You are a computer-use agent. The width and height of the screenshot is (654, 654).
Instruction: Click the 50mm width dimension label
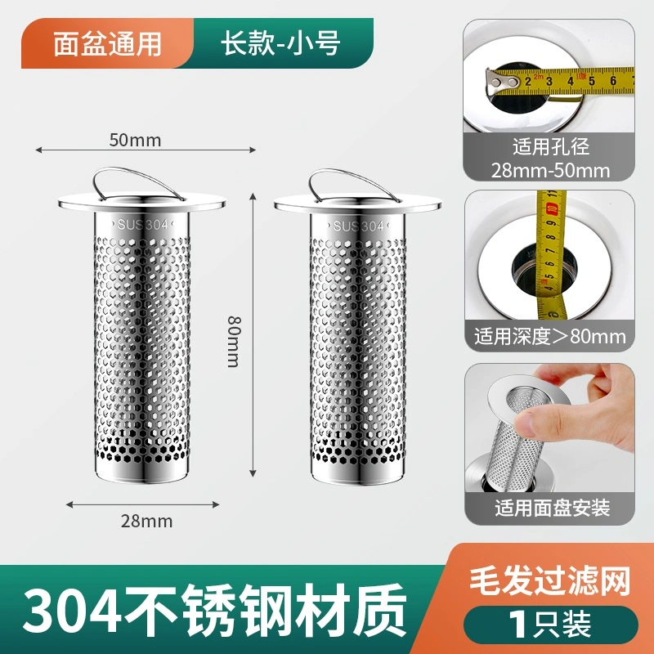135,140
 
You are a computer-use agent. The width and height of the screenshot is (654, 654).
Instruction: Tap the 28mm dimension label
146,521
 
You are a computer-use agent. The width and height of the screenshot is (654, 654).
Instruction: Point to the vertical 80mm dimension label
234,342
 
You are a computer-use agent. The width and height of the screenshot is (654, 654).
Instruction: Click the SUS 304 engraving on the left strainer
142,225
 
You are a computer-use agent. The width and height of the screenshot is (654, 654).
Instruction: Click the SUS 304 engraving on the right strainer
358,226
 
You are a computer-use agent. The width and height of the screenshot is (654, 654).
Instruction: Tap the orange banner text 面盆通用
107,44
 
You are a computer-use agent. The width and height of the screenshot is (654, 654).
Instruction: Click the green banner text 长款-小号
280,43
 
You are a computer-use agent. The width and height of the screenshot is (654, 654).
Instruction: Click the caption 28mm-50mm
550,171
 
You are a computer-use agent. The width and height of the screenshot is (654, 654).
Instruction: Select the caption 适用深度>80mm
549,336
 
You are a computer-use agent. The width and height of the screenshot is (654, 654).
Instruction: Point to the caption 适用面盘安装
553,508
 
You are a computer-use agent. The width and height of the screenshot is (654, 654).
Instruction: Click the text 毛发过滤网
549,581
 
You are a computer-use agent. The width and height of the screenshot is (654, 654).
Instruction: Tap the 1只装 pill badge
550,625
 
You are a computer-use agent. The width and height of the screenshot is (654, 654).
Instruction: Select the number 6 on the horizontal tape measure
613,80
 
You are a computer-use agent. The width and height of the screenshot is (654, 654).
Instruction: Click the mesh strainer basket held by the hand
522,434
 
